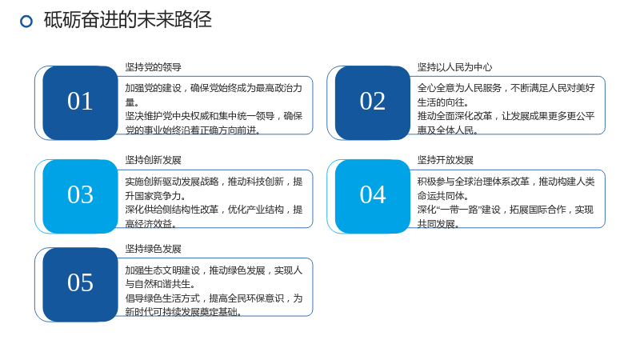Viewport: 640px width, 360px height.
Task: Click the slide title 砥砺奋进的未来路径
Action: [128, 20]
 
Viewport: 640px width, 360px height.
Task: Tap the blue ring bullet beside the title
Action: [26, 22]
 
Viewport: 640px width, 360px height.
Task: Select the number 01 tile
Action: [81, 103]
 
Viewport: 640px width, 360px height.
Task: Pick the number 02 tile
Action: [373, 103]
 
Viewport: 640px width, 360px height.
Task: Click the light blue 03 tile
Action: [81, 196]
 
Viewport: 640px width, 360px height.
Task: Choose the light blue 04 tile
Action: [373, 196]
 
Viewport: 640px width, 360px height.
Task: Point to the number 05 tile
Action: [81, 285]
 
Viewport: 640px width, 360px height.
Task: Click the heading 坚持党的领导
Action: [153, 67]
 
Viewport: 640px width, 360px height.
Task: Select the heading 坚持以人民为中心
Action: [454, 67]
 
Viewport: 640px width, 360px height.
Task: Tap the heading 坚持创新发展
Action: [153, 160]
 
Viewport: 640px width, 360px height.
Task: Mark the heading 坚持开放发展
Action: [446, 160]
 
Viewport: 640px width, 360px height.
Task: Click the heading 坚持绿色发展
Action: [153, 249]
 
